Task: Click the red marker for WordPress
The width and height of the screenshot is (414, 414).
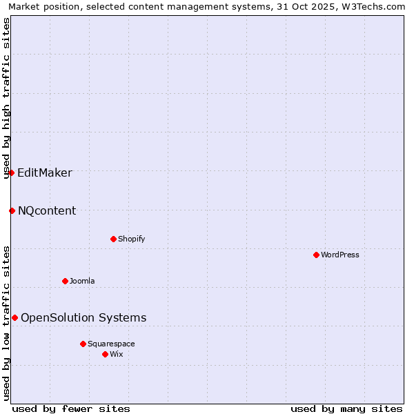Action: click(316, 255)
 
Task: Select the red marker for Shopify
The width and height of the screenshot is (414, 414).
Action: click(113, 239)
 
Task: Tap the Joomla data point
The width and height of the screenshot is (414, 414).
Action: click(65, 281)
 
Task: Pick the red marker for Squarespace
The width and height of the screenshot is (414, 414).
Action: click(83, 344)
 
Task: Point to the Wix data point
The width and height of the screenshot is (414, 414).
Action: click(105, 354)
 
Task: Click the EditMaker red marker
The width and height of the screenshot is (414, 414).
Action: click(12, 172)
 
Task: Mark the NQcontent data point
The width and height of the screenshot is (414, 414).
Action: click(12, 210)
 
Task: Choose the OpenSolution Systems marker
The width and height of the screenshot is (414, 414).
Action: click(14, 317)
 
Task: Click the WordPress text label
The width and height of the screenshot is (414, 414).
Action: click(339, 255)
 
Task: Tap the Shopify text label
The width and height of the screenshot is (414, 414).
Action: click(131, 239)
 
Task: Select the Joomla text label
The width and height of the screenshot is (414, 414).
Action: click(82, 281)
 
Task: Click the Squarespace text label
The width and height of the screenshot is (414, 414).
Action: click(111, 344)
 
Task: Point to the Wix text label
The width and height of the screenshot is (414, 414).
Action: click(116, 354)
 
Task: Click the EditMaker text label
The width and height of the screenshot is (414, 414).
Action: click(45, 172)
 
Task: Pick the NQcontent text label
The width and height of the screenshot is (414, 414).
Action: click(47, 210)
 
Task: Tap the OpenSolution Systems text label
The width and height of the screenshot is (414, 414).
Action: click(83, 317)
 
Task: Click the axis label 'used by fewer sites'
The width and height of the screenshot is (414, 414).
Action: click(71, 408)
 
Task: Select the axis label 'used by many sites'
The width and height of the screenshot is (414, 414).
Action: click(346, 408)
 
